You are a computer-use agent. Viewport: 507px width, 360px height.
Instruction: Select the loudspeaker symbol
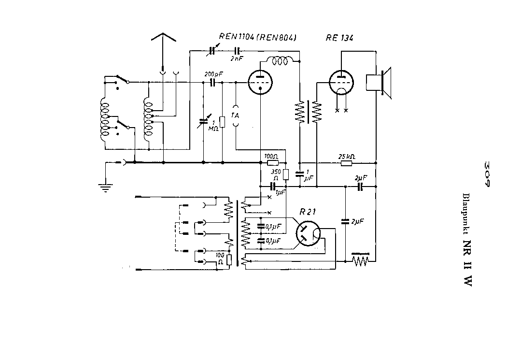coord(379,83)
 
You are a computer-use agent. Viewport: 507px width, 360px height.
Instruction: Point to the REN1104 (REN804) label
coord(257,38)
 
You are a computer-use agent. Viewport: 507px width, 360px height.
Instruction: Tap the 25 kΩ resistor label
coord(347,157)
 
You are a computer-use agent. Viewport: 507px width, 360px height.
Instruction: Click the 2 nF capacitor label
coord(237,58)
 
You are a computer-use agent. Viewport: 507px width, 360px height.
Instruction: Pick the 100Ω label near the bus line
coord(272,157)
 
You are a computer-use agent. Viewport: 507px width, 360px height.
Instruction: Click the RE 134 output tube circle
coord(341,83)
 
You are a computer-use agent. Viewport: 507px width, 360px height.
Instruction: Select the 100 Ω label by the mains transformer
coord(220,258)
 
